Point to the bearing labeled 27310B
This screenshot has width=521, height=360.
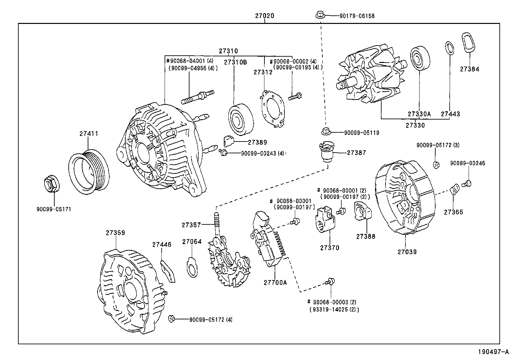click(x=241, y=120)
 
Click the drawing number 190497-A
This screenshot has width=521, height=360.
click(x=493, y=352)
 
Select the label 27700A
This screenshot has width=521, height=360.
click(x=275, y=282)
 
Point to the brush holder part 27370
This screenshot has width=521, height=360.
click(x=325, y=219)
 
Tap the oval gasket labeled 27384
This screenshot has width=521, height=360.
click(x=469, y=42)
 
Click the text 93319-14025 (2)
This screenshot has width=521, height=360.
click(x=334, y=309)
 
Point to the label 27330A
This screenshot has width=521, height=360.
click(x=419, y=114)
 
